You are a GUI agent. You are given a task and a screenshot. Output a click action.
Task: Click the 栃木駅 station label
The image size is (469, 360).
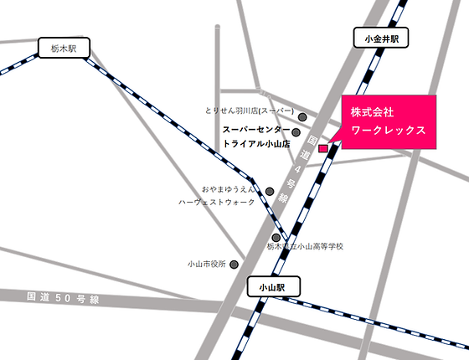[x=63, y=49]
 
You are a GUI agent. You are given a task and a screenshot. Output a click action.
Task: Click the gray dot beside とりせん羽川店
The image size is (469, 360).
[x=303, y=117]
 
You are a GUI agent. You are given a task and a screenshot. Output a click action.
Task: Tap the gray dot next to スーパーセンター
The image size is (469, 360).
[x=296, y=131]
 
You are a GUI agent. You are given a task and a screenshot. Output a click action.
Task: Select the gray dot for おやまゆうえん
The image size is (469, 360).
[x=270, y=191]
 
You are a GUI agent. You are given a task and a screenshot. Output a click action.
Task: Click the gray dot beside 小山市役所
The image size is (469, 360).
[x=234, y=265]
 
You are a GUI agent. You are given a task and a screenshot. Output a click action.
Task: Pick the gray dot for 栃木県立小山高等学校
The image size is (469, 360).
[x=275, y=237]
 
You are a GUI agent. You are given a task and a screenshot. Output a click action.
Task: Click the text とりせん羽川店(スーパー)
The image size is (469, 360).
[x=250, y=111]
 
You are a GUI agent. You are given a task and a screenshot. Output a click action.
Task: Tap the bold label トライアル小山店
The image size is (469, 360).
[x=255, y=144]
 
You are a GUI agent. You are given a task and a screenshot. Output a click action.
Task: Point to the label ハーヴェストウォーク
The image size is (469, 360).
[x=217, y=203]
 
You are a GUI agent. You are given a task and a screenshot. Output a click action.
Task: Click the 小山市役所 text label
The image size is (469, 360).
[x=207, y=265]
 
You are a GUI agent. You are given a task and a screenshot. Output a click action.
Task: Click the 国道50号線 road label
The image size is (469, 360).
[x=63, y=298]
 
